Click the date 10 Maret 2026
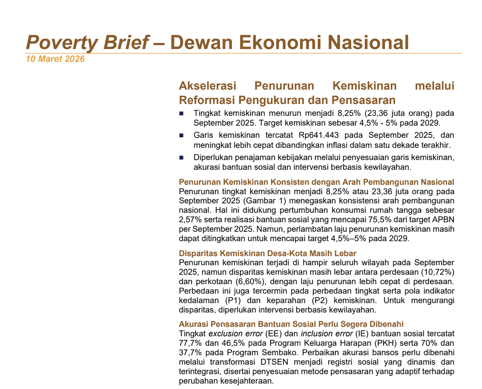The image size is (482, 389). [x=55, y=59]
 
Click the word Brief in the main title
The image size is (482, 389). [x=126, y=42]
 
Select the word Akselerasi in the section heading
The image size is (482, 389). [x=208, y=86]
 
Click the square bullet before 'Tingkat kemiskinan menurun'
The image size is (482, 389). [x=181, y=114]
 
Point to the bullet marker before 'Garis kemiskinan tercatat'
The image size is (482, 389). [x=181, y=136]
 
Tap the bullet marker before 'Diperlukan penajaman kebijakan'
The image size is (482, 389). [x=181, y=158]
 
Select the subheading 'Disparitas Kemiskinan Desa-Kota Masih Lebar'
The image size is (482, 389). [x=267, y=253]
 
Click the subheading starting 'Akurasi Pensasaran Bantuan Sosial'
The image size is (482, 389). [x=291, y=324]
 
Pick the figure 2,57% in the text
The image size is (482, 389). [x=190, y=220]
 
